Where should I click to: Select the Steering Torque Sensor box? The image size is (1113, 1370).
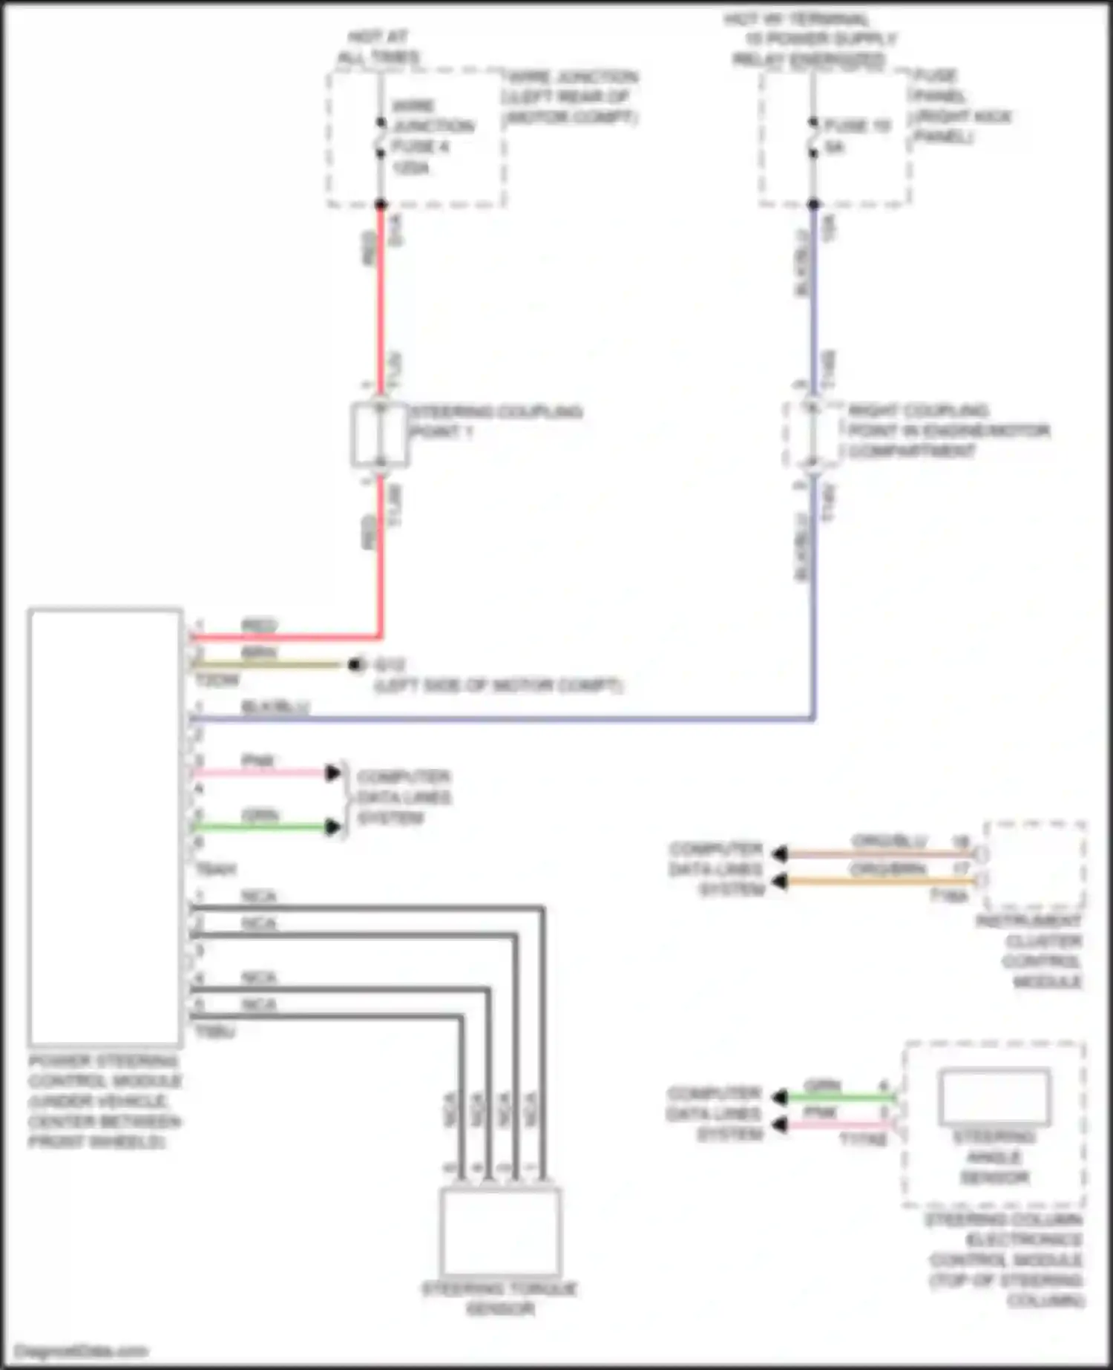pyautogui.click(x=501, y=1232)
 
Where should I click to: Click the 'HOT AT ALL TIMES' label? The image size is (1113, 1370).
pyautogui.click(x=378, y=47)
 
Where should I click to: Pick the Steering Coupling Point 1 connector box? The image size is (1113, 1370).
pyautogui.click(x=380, y=435)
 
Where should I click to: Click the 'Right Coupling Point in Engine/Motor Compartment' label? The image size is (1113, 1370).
pyautogui.click(x=948, y=431)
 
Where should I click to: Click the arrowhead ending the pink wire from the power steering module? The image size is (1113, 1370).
pyautogui.click(x=333, y=773)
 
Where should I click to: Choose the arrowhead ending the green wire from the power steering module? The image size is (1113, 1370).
pyautogui.click(x=333, y=827)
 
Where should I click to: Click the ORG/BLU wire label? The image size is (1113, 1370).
pyautogui.click(x=889, y=842)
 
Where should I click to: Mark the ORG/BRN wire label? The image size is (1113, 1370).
pyautogui.click(x=887, y=869)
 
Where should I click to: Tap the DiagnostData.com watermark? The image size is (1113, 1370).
pyautogui.click(x=81, y=1351)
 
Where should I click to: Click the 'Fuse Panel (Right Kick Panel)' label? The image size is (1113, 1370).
pyautogui.click(x=962, y=106)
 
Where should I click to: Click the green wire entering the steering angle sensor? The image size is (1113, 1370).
pyautogui.click(x=838, y=1097)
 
